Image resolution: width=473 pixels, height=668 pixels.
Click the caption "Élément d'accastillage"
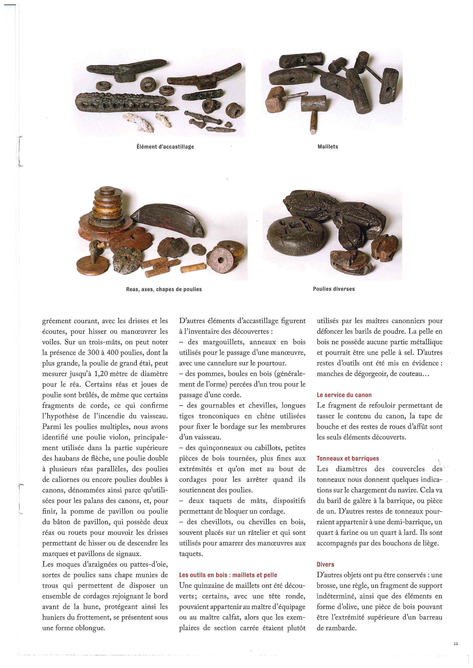[165, 147]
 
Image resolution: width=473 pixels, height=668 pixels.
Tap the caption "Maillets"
[328, 147]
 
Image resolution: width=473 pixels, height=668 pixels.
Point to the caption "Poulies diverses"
[334, 289]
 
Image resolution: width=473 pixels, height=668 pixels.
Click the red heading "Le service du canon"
[344, 395]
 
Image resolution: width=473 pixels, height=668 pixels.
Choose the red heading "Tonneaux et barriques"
[348, 458]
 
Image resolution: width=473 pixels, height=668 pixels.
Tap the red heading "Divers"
[325, 564]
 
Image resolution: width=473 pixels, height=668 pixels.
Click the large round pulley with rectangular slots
[296, 236]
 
